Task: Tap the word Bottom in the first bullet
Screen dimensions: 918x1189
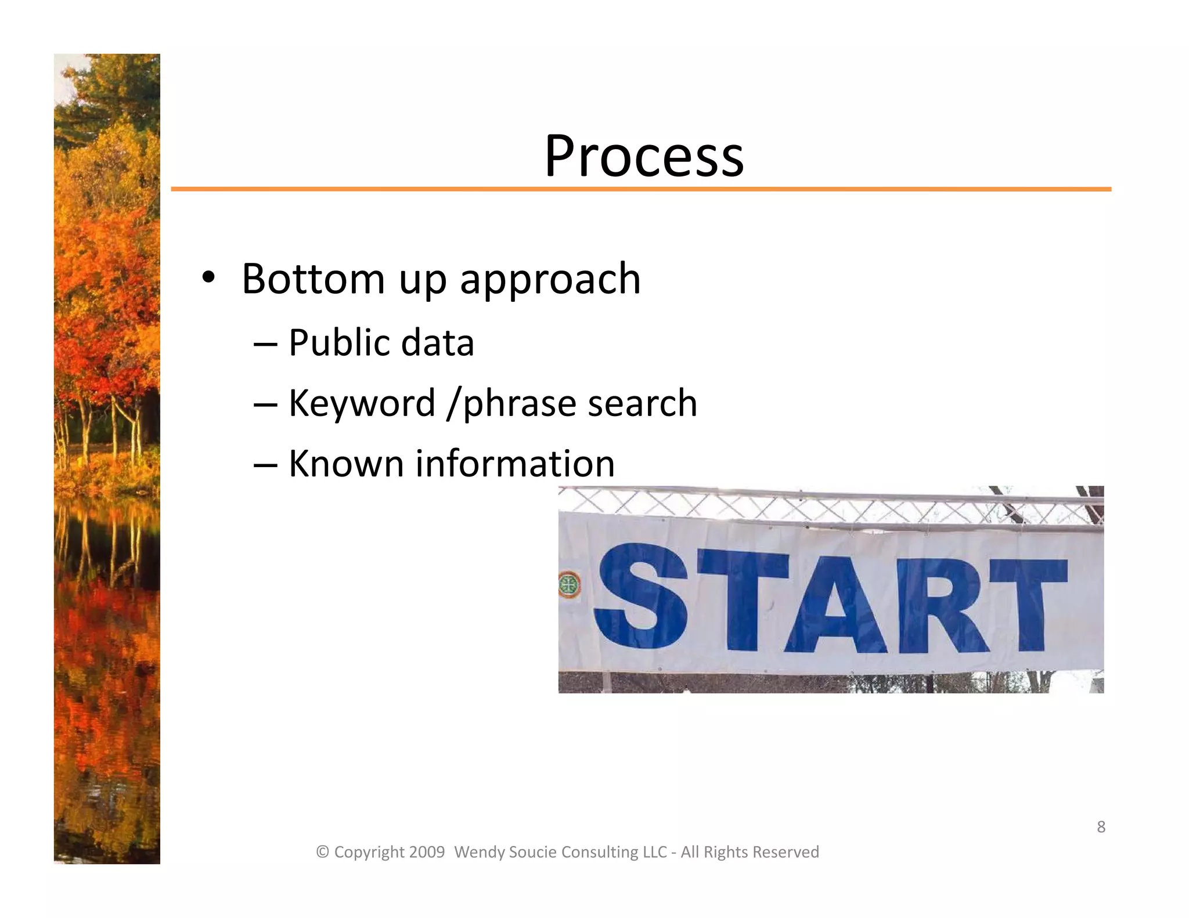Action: click(313, 279)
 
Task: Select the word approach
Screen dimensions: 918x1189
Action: click(550, 280)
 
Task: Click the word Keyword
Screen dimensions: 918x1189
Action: click(362, 403)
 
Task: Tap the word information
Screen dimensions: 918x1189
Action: click(515, 464)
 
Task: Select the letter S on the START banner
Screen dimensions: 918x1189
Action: click(640, 597)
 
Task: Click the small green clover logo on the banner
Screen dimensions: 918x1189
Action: click(569, 584)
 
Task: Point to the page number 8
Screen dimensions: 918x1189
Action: click(1101, 827)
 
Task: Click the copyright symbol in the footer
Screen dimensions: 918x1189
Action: click(322, 852)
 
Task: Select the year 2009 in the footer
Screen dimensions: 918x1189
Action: click(427, 852)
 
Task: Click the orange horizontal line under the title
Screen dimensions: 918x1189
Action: click(639, 189)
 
